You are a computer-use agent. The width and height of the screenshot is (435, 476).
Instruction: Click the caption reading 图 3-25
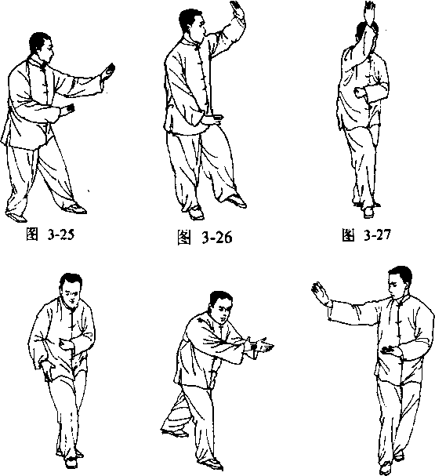tap(50, 234)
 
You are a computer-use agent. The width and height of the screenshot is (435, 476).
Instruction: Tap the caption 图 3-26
tap(205, 237)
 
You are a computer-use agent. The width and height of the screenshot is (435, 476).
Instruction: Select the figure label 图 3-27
tap(367, 235)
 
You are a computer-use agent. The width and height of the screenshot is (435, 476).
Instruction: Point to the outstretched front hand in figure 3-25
tap(107, 72)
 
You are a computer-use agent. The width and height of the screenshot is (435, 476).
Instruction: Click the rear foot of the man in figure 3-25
tap(16, 216)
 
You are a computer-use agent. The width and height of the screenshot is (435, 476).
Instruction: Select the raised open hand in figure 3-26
tap(237, 10)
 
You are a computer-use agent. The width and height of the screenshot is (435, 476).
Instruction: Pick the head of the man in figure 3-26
tap(192, 25)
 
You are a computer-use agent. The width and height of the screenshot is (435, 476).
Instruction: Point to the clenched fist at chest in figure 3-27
tap(360, 93)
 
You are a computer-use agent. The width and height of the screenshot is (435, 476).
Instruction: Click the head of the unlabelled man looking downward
tap(71, 289)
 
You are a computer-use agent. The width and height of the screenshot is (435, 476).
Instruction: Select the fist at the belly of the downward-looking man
tap(65, 343)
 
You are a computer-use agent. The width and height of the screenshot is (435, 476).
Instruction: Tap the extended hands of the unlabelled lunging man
tap(260, 346)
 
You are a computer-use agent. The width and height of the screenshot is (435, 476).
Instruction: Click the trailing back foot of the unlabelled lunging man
tap(174, 431)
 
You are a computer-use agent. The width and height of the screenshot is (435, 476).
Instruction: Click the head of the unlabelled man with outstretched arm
tap(401, 282)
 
